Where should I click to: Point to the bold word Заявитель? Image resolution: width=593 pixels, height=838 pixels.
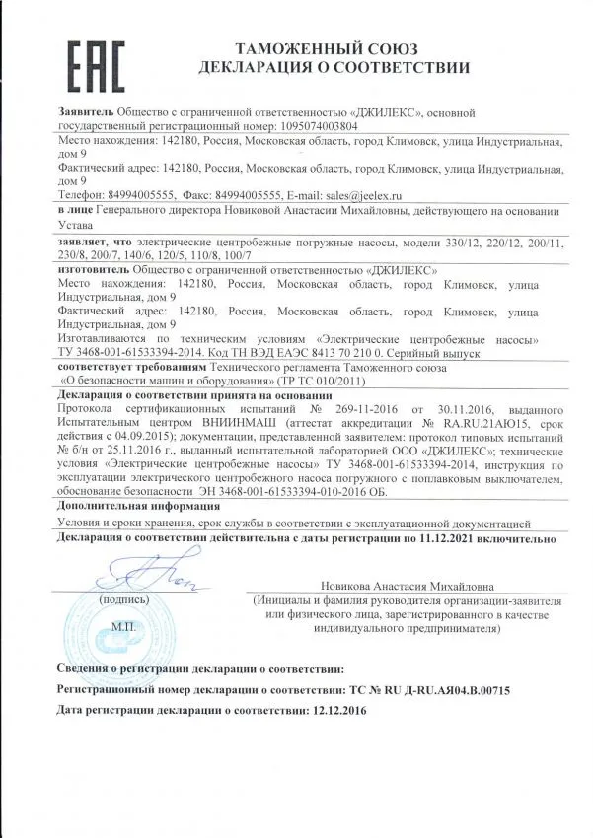coord(87,112)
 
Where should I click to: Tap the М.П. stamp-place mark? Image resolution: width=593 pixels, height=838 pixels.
coord(125,626)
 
